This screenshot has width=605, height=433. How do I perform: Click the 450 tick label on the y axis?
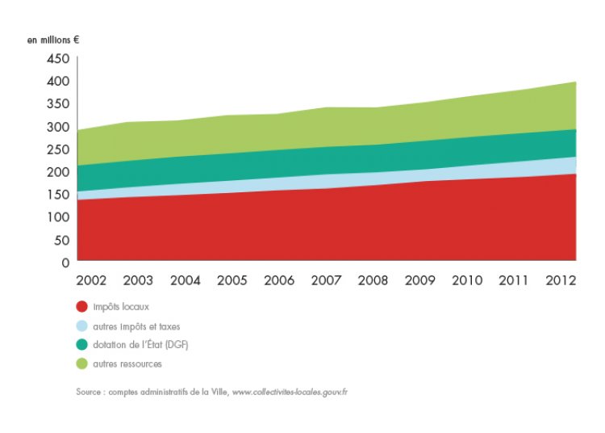[x=58, y=59]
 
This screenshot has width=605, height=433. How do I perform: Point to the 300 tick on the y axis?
[x=58, y=127]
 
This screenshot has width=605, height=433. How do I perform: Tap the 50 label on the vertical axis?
[x=62, y=240]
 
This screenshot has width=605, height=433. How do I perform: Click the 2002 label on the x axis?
[x=90, y=281]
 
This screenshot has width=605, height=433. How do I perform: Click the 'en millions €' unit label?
[x=52, y=39]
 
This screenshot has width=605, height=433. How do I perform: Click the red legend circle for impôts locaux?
[x=82, y=307]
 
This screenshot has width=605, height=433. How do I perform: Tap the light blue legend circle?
[x=82, y=326]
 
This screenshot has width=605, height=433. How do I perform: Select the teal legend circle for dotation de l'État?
[x=82, y=345]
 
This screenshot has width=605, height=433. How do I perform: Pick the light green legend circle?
[x=82, y=364]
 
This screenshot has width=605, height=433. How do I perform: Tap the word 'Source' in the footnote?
[x=89, y=392]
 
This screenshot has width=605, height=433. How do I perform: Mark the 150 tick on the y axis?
[x=58, y=195]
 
